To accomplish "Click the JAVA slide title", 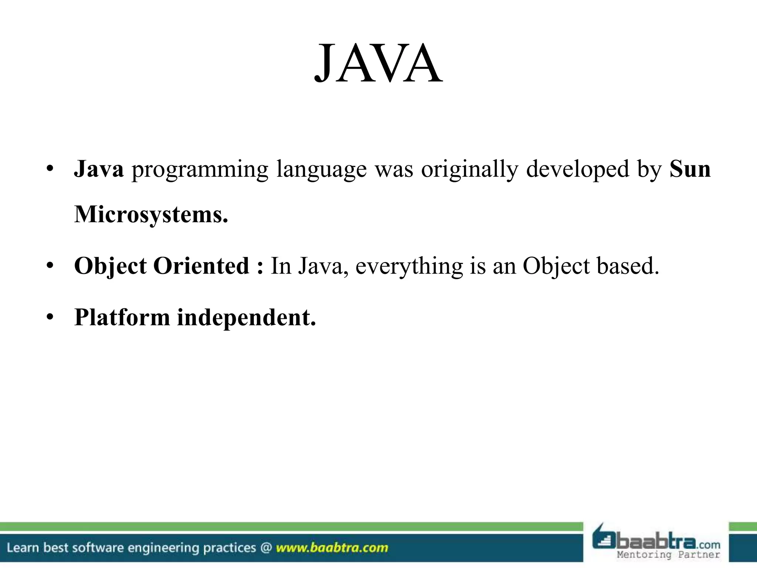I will click(x=378, y=64).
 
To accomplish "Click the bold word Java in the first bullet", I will click(x=99, y=169).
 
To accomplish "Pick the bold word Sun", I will click(x=690, y=169).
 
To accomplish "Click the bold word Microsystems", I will click(x=151, y=215).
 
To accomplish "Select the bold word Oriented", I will click(x=201, y=266).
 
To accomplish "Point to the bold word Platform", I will click(x=122, y=318).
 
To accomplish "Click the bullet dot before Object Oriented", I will click(x=51, y=266).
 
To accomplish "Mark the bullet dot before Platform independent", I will click(x=51, y=318).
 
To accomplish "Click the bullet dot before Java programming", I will click(x=51, y=169).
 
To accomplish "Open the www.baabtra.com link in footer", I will click(x=332, y=548).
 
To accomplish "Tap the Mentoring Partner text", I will click(x=668, y=555).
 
